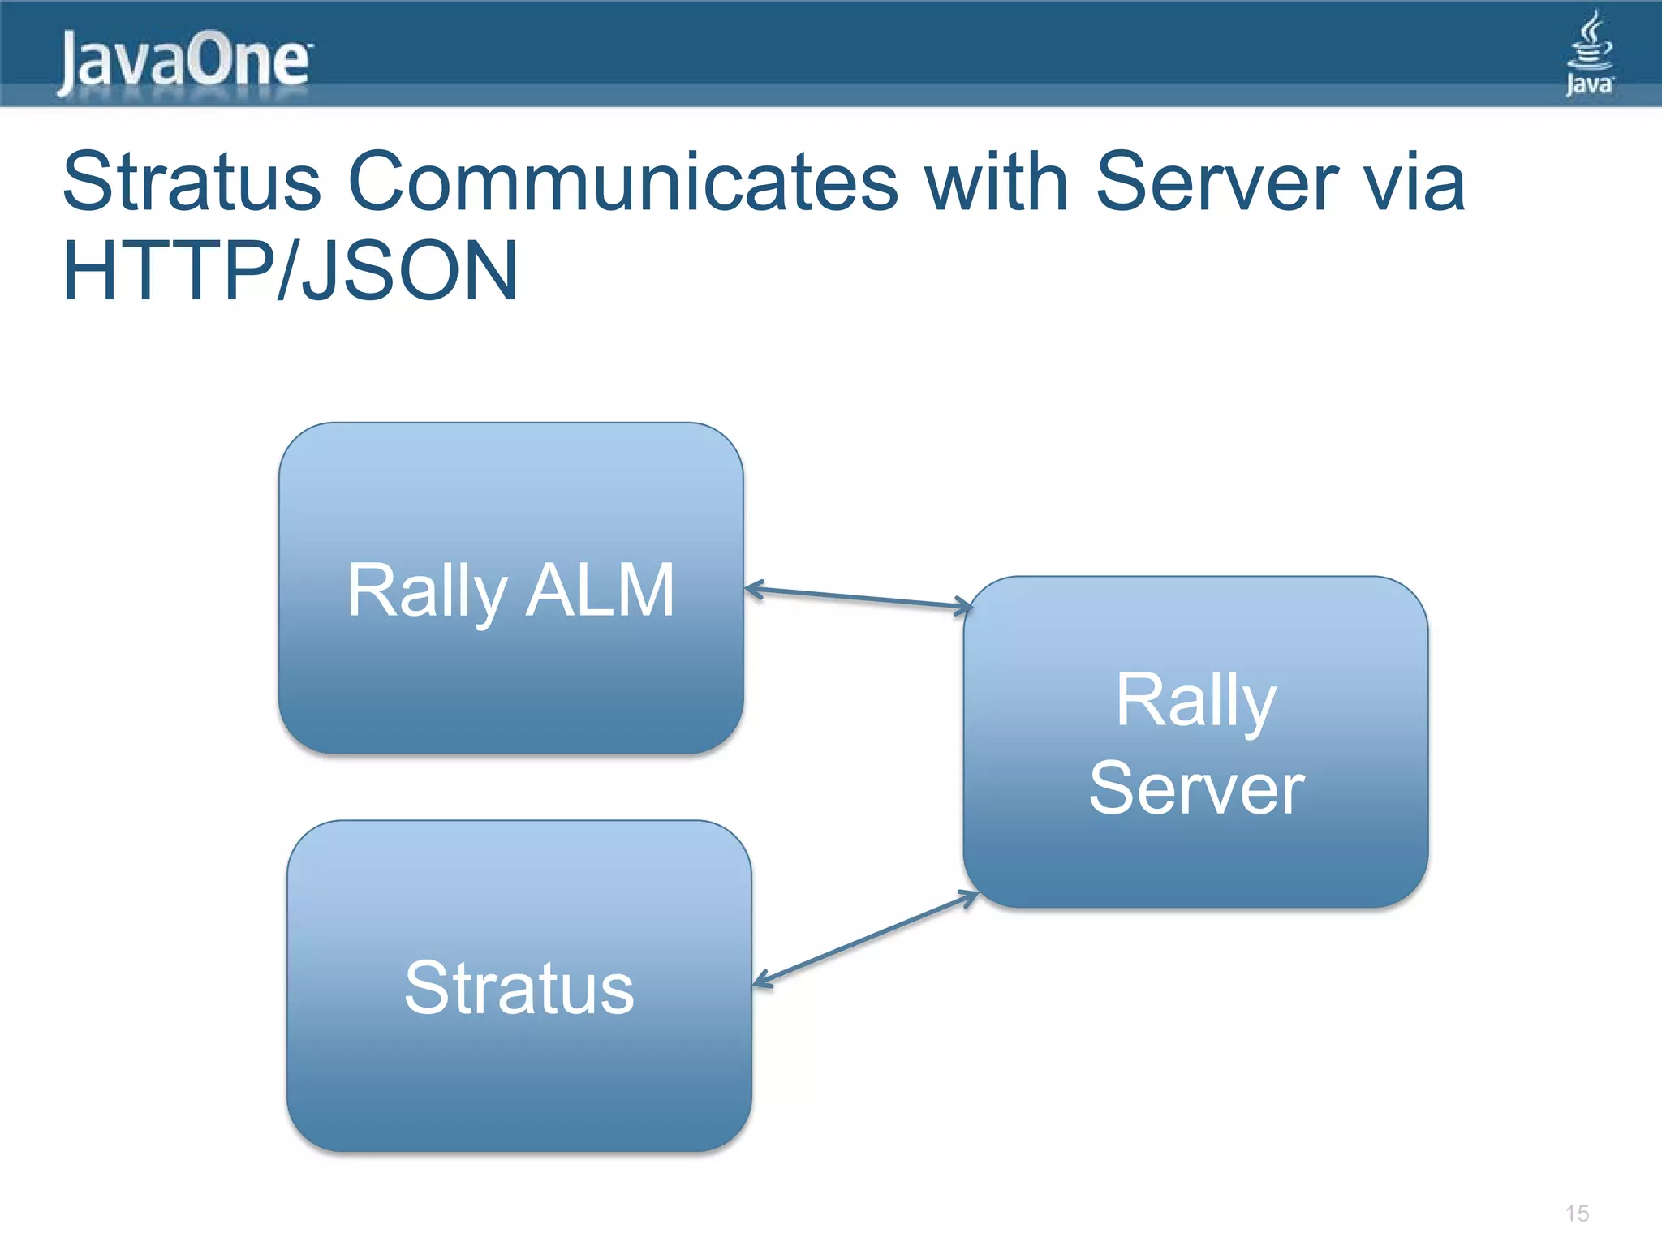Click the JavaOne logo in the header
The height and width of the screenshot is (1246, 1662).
click(x=185, y=61)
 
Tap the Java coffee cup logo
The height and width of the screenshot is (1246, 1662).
click(x=1589, y=52)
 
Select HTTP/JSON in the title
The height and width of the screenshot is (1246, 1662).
click(x=290, y=271)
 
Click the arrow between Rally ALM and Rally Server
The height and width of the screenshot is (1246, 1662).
click(x=858, y=598)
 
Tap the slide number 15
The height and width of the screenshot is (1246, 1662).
click(x=1577, y=1214)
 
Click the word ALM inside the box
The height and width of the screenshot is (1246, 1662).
click(x=600, y=591)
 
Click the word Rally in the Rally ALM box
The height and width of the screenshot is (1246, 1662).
click(x=427, y=592)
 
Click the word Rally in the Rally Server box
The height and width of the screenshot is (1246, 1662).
click(x=1195, y=701)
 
